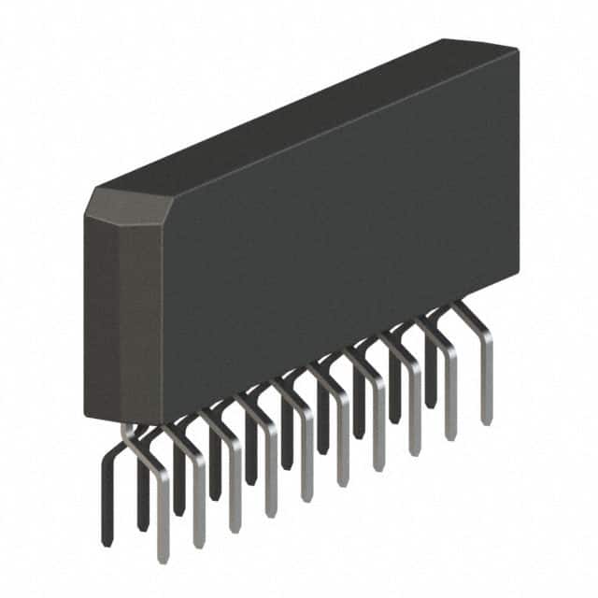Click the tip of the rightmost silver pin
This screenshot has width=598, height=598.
[x=486, y=420]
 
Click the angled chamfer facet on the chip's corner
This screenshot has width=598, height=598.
[x=127, y=206]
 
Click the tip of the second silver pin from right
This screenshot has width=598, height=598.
[x=450, y=435]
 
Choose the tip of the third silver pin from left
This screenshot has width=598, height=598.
[x=234, y=527]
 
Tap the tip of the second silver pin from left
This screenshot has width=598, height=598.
[x=198, y=543]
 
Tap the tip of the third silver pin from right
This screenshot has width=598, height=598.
[x=414, y=451]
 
